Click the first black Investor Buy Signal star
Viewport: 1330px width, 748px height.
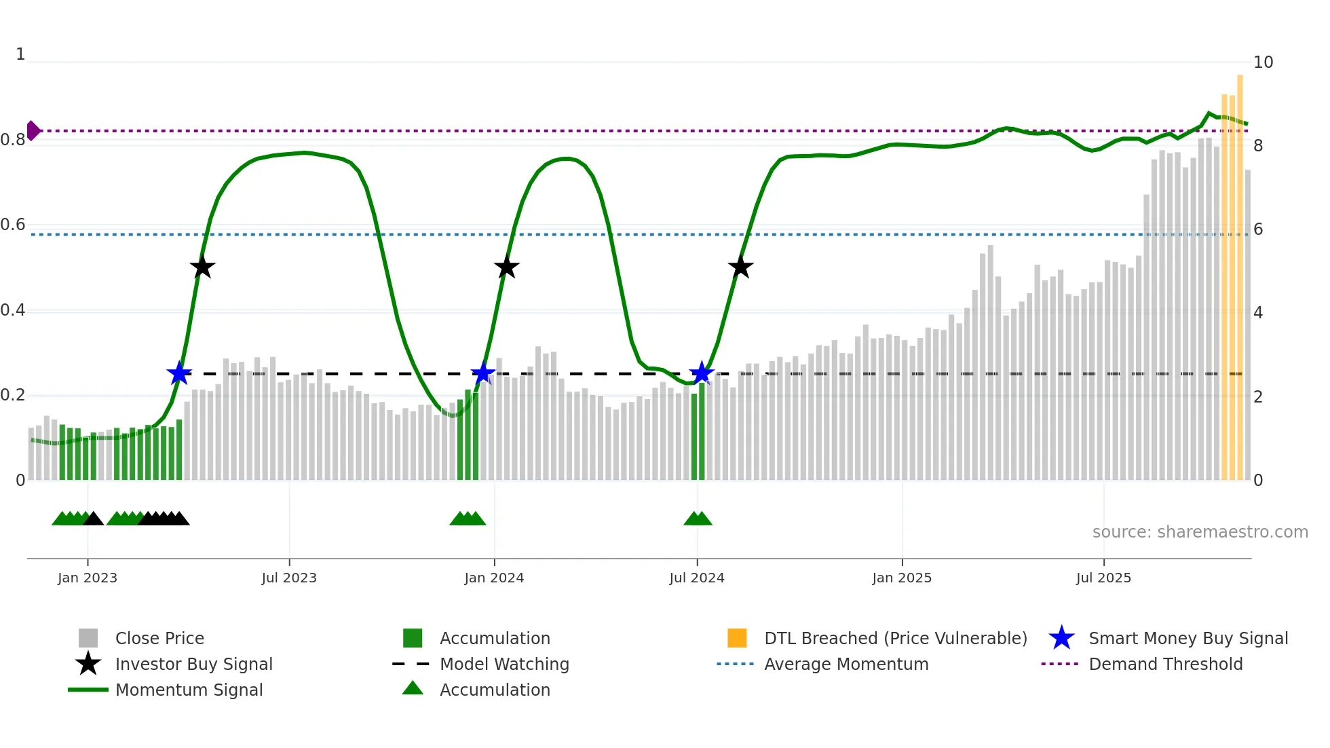tap(202, 267)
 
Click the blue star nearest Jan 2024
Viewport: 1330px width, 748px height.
tap(483, 373)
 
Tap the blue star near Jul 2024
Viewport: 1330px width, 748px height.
tap(702, 373)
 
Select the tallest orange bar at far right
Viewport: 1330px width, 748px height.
tap(1240, 272)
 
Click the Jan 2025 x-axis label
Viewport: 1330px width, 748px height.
tap(901, 578)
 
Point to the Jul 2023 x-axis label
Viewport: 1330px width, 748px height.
tap(289, 578)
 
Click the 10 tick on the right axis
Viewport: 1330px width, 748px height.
tap(1262, 62)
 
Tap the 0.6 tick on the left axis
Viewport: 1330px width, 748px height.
tap(13, 225)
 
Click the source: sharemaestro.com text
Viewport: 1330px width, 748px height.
tap(1200, 531)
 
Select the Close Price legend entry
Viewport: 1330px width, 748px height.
tap(159, 638)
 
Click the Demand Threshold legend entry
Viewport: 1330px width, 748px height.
tap(1165, 664)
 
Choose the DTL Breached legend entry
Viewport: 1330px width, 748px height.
tap(895, 638)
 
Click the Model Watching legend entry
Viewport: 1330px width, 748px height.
tap(504, 664)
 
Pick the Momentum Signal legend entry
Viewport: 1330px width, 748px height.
tap(189, 690)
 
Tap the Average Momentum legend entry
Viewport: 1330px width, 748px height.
tap(845, 664)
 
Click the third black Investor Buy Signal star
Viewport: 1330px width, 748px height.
tap(740, 267)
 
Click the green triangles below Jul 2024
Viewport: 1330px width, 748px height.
tap(698, 519)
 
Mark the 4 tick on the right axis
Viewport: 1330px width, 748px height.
tap(1257, 313)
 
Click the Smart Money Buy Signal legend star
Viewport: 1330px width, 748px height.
tap(1061, 638)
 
